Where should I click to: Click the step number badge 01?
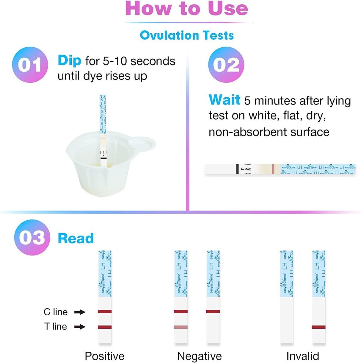click(30, 65)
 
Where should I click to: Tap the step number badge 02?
click(226, 65)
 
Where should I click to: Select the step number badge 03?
click(32, 237)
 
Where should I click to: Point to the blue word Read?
click(76, 238)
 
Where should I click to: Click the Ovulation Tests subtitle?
click(187, 35)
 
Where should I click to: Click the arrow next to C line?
click(80, 312)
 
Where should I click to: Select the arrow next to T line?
click(80, 327)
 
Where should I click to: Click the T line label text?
click(56, 326)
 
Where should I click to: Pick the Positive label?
click(104, 356)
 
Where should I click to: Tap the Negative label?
click(199, 356)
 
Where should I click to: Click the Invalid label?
click(302, 356)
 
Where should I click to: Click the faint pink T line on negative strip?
click(181, 327)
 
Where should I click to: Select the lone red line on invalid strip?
click(318, 327)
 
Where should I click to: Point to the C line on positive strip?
click(105, 311)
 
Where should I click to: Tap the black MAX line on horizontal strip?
click(237, 169)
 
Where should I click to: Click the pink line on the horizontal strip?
click(273, 169)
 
